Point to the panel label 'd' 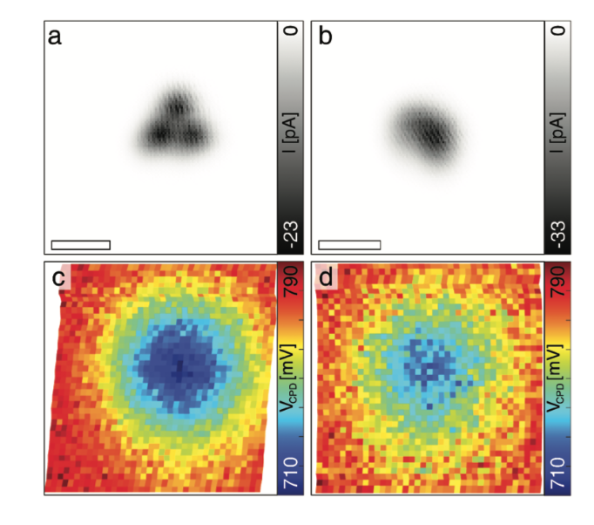pos(327,279)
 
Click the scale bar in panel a pos(81,243)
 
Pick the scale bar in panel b pos(349,243)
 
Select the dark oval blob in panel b pos(428,131)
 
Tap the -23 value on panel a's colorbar pos(291,232)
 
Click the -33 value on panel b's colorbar pos(559,232)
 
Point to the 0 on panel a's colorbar pos(291,32)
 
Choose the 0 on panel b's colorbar pos(559,32)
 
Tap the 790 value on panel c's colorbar pos(291,281)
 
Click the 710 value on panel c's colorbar pos(291,472)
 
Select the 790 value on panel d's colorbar pos(559,281)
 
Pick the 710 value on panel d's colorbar pos(559,472)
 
